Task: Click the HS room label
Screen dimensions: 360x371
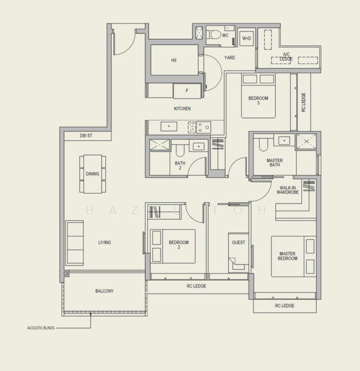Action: pos(174,61)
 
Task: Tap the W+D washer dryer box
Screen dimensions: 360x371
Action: pos(247,38)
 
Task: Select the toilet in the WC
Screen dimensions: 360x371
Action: pos(214,35)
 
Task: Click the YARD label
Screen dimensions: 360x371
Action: pos(229,58)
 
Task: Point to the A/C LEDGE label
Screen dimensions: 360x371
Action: pos(286,56)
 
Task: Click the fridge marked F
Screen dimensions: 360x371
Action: pos(187,91)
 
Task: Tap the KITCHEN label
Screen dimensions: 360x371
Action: pos(182,109)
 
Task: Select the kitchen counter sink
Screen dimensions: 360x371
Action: pos(169,126)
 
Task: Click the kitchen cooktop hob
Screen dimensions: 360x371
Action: pos(199,127)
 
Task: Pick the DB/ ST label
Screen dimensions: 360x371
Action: pos(86,135)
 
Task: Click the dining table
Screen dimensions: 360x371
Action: pos(93,174)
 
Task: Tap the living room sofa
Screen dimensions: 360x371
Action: pos(75,243)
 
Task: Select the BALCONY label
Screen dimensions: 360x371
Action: pos(105,291)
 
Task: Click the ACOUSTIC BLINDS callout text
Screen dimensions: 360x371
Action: pos(41,328)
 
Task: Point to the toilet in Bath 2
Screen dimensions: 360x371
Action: pos(180,151)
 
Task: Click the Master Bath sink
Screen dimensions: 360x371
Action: pos(285,140)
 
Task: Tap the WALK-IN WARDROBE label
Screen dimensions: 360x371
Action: pos(288,190)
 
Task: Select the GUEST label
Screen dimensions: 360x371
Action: pos(238,242)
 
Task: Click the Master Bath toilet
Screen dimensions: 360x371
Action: pos(263,145)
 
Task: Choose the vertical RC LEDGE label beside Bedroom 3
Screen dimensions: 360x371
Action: pos(304,102)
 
